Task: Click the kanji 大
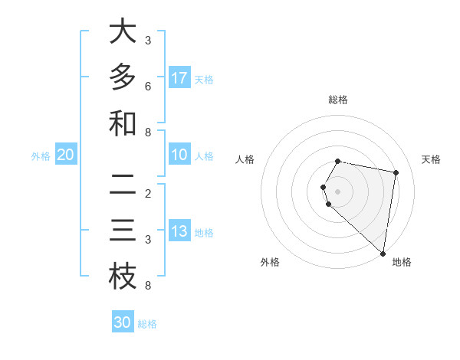tap(123, 31)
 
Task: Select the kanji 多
tap(123, 77)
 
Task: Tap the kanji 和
tap(123, 123)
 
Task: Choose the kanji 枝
tap(123, 277)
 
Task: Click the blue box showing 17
tap(179, 77)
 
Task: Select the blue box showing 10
tap(179, 155)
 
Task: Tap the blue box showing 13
tap(179, 231)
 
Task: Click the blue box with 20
tap(66, 155)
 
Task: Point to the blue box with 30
tap(123, 322)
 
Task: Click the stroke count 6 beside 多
tap(148, 87)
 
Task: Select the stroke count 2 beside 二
tap(148, 193)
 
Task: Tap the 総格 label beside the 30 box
tap(148, 324)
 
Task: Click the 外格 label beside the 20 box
tap(41, 156)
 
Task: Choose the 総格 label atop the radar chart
tap(338, 100)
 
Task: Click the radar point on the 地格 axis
tap(383, 253)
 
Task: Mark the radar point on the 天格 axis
tap(396, 173)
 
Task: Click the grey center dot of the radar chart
tap(338, 191)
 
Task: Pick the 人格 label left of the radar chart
tap(245, 159)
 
